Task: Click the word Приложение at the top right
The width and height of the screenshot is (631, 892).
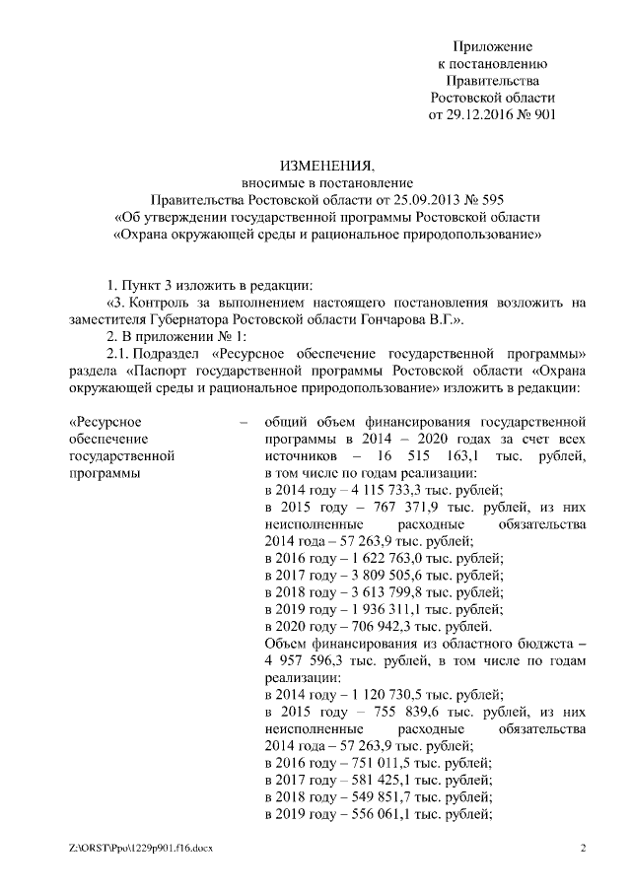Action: tap(493, 47)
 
